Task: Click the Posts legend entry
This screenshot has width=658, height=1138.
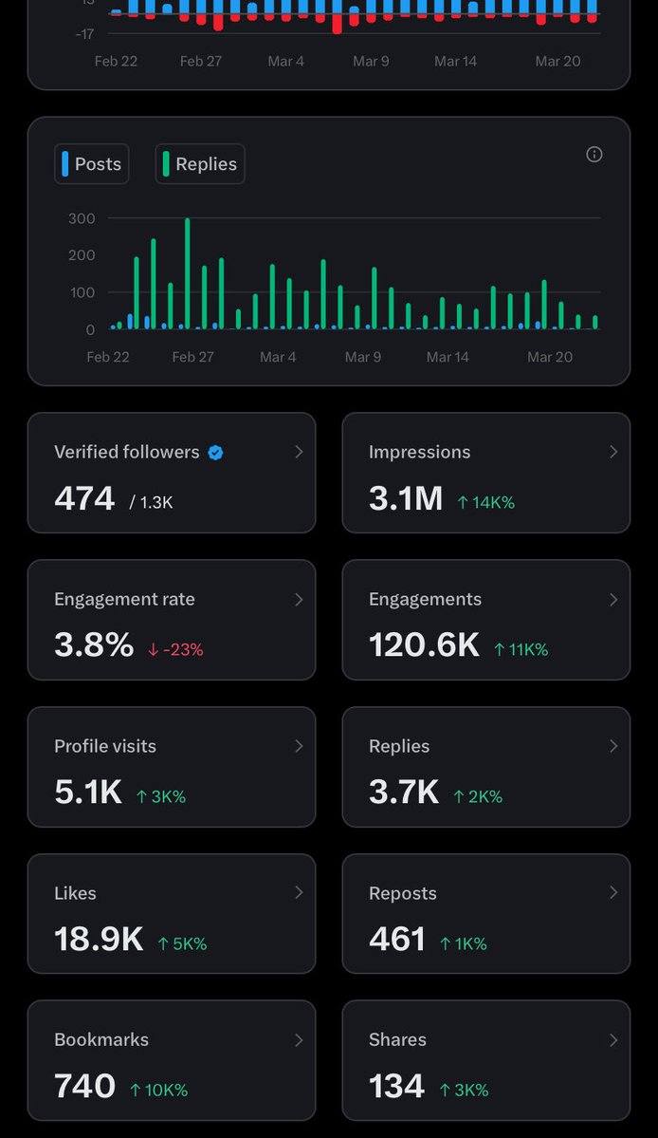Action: pos(92,164)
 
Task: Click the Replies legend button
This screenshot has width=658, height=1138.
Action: pos(200,164)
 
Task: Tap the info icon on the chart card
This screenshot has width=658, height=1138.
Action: pos(594,155)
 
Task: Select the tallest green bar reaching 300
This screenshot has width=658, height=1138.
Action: pos(187,273)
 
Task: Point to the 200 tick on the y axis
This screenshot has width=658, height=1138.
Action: pos(82,255)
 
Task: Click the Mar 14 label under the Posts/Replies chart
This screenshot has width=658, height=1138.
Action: pos(448,357)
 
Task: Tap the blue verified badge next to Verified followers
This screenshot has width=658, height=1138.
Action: pos(215,453)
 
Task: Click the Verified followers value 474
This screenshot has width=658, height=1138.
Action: pos(84,498)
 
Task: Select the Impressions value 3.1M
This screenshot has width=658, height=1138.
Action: pos(406,498)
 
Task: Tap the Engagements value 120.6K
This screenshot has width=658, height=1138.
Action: pos(424,645)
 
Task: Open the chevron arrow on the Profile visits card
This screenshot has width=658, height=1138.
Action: pos(299,746)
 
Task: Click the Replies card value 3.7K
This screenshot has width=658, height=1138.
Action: pos(404,793)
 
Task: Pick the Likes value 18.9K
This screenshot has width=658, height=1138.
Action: pos(99,940)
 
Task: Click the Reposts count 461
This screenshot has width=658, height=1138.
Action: pos(397,940)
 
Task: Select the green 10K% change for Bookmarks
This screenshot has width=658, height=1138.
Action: pos(158,1091)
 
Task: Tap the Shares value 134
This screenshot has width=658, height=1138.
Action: pos(396,1087)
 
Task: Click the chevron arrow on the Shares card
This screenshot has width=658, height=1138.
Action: pos(612,1040)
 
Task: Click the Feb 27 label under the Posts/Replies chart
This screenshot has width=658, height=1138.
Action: pos(192,357)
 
